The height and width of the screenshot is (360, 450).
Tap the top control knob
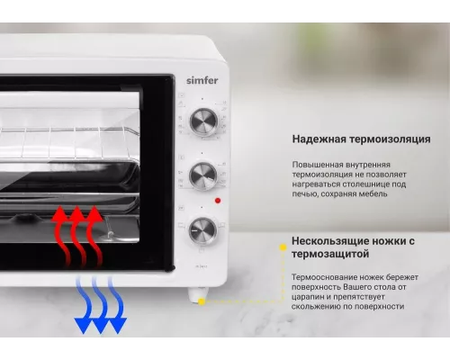[203, 122]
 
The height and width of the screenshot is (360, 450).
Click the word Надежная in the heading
[317, 139]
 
